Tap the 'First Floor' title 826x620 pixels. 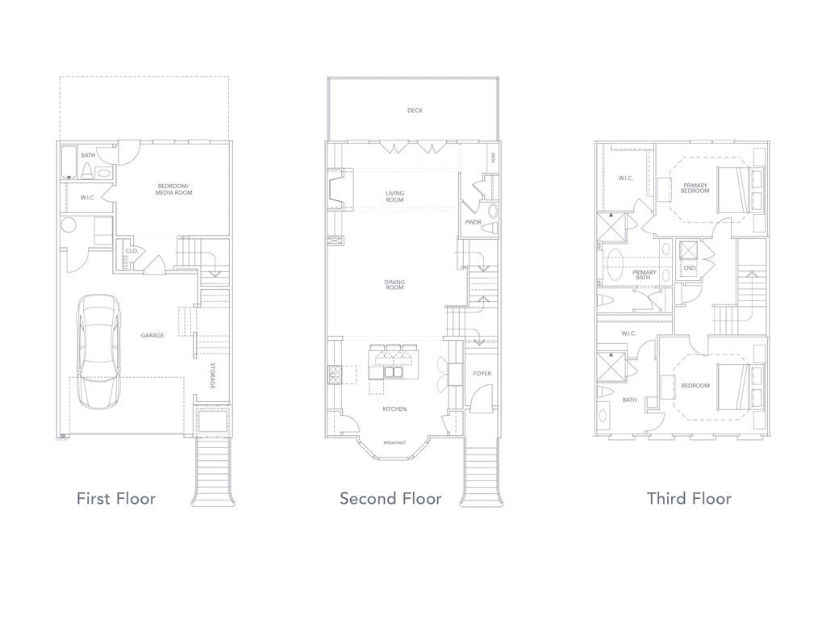coord(116,498)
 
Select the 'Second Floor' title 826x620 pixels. coord(390,498)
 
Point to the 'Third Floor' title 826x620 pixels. coord(689,498)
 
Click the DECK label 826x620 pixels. coord(415,111)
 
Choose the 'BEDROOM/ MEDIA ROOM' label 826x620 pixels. coord(174,191)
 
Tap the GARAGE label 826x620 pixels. coord(152,335)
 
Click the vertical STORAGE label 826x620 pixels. coord(213,377)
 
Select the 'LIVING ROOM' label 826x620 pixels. coord(394,196)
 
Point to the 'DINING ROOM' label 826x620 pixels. coord(394,286)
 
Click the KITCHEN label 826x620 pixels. coord(394,409)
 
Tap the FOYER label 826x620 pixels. coord(482,374)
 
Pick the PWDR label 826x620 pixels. coord(473,222)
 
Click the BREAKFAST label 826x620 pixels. coord(394,443)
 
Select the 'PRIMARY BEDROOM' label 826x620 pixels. coord(695,188)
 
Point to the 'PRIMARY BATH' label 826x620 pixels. coord(644,275)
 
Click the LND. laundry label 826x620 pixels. coord(690,268)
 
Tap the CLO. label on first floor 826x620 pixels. coord(131,251)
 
